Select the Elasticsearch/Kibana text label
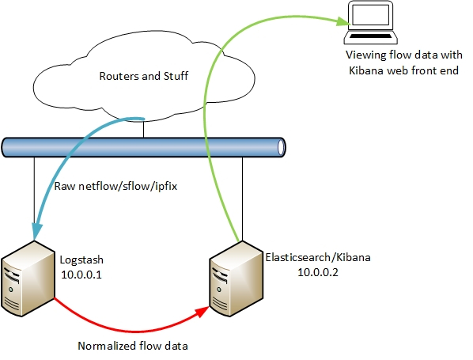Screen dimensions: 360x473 pyautogui.click(x=317, y=258)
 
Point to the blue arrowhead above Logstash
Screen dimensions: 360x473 pyautogui.click(x=36, y=230)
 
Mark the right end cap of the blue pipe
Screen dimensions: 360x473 pyautogui.click(x=280, y=148)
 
